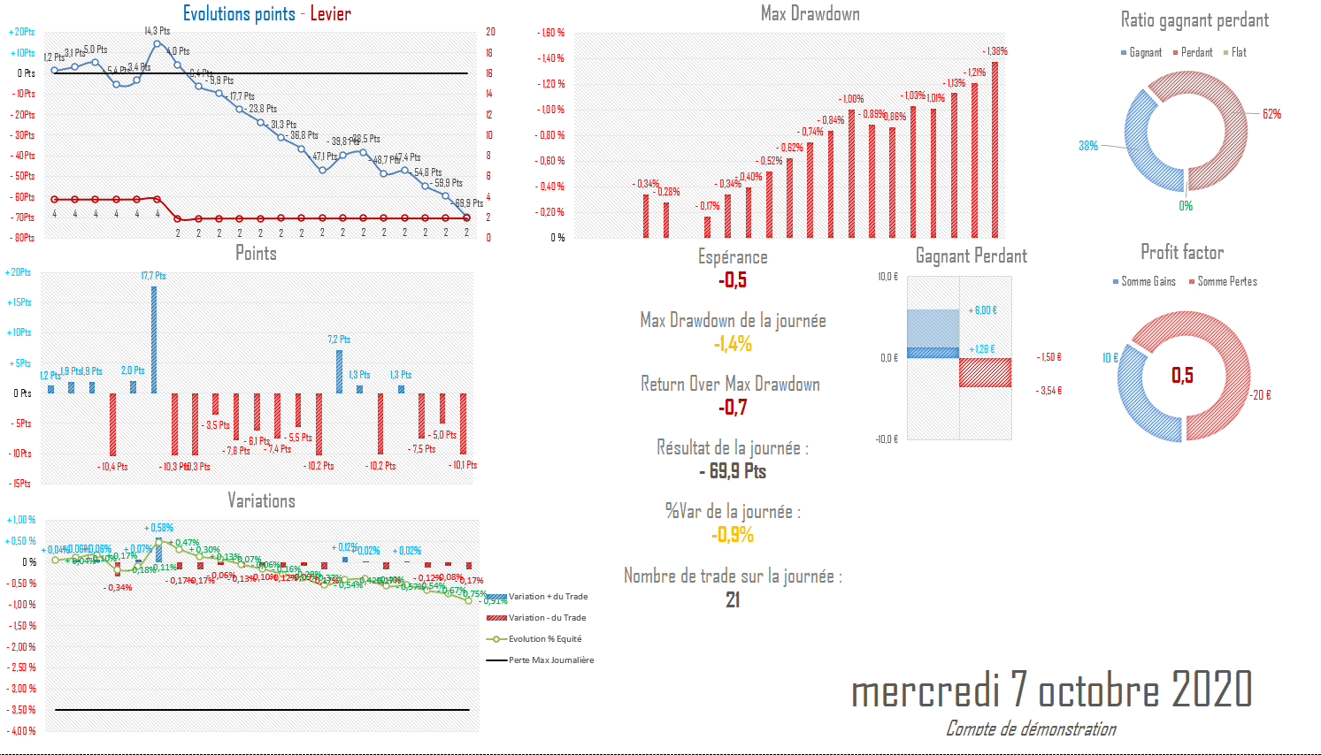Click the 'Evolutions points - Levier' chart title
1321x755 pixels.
(266, 13)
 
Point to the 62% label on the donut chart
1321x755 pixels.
(1271, 114)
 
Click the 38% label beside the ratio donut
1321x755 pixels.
(1088, 146)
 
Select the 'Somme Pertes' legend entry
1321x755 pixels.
(1226, 281)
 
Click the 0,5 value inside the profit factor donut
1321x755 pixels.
(1182, 376)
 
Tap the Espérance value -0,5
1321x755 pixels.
(733, 280)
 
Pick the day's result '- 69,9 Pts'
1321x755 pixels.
(733, 471)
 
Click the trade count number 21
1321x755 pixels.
(733, 600)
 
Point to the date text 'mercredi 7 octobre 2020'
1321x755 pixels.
(1051, 690)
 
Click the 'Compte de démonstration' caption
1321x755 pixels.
(1031, 728)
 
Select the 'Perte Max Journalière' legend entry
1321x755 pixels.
(550, 660)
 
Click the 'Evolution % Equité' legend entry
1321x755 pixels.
(544, 639)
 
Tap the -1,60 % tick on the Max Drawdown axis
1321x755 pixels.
(550, 33)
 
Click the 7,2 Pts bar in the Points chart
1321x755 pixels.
(339, 371)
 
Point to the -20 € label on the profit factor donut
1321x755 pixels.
(1261, 395)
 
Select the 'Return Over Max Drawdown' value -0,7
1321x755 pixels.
(733, 408)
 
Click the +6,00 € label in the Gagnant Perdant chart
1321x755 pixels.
(982, 310)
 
